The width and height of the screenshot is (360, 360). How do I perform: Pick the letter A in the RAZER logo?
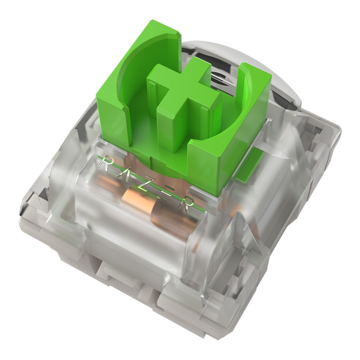(x=126, y=175)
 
